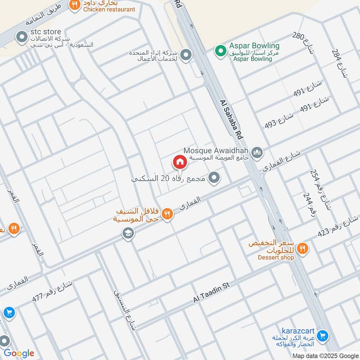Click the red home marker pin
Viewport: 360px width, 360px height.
point(180,162)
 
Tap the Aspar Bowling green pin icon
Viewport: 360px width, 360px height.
point(220,50)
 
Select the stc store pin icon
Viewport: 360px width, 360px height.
point(21,37)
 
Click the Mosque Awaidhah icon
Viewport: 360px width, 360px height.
point(257,153)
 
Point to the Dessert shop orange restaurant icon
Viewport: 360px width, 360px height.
point(303,247)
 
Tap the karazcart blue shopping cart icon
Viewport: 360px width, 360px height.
point(322,335)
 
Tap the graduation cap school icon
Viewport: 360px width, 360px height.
point(128,233)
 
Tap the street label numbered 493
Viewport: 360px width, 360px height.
point(279,119)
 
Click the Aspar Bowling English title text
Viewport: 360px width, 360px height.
point(254,46)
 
